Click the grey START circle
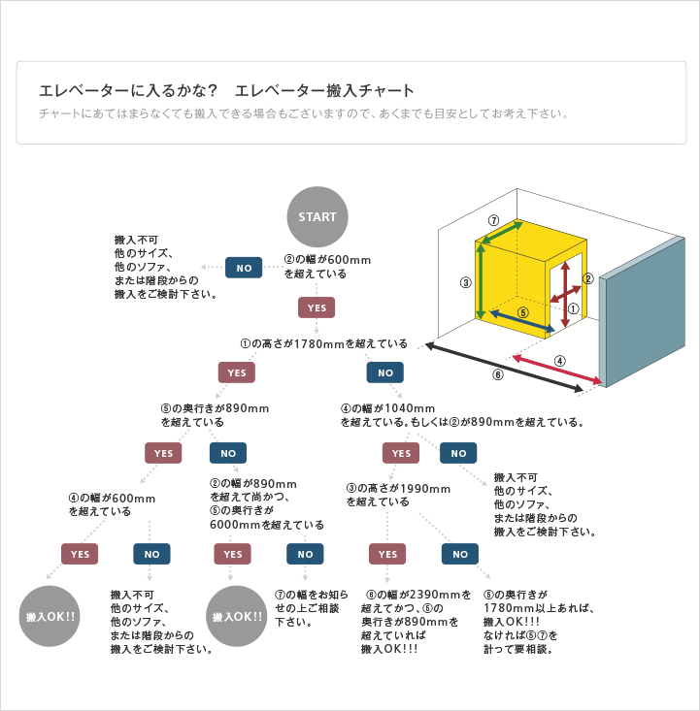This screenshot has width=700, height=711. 317,216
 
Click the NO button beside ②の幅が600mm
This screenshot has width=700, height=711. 244,267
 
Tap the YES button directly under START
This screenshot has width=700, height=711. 317,307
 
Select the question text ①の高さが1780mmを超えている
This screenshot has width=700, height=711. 324,344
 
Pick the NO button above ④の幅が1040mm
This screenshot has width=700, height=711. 384,372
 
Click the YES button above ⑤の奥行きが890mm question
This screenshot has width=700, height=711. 237,372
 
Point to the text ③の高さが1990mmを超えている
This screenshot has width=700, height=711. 398,495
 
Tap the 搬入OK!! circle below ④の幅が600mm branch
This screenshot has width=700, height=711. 50,616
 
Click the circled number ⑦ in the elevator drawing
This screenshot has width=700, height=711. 493,220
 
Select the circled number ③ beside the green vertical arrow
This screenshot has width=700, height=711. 466,283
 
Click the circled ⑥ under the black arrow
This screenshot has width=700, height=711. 498,374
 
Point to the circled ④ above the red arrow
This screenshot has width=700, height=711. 560,361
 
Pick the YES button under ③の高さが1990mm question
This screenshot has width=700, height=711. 386,554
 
